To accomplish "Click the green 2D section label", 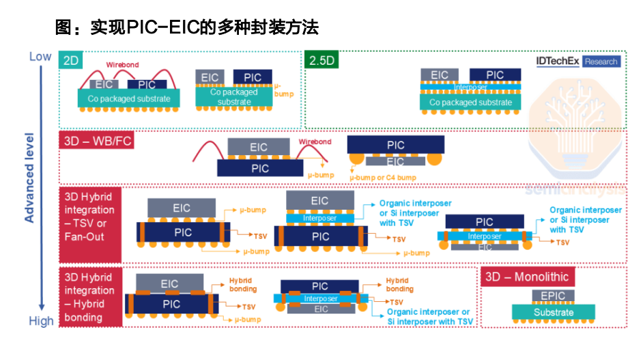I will coord(71,61).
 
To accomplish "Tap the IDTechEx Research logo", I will coord(578,61).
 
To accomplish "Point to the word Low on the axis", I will coord(40,57).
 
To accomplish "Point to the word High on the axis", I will coord(41,321).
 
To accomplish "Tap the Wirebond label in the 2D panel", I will coord(123,66).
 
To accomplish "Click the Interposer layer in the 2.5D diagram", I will coord(470,87).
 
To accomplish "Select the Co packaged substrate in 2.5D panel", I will coord(470,102).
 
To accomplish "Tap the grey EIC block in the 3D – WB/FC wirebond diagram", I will coord(259,147).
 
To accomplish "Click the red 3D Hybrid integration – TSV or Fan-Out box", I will coord(90,225).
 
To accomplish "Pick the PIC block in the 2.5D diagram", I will coord(496,75).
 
